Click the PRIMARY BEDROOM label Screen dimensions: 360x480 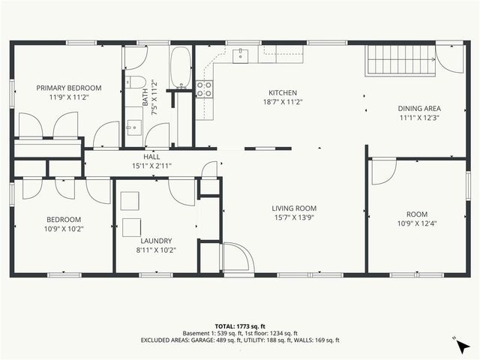tap(69, 88)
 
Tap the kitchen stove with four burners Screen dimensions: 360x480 tap(204, 90)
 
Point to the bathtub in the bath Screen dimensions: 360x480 tap(181, 68)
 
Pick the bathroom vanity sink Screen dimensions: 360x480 tap(133, 127)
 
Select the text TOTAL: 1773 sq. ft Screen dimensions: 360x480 tap(240, 326)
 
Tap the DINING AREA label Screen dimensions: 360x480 tap(419, 108)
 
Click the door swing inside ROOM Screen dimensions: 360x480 tap(382, 171)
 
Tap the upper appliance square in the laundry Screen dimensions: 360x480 tap(130, 199)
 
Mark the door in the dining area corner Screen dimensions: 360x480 tap(451, 59)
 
